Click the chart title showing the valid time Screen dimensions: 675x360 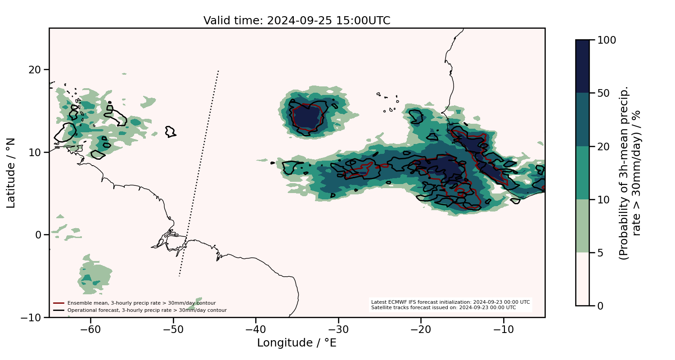click(297, 21)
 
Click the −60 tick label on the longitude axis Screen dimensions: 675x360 click(90, 329)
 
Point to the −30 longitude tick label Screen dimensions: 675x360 click(338, 329)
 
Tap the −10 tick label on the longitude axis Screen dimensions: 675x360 click(504, 329)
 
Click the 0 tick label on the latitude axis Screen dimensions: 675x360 click(39, 235)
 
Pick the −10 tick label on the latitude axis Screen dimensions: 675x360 click(31, 318)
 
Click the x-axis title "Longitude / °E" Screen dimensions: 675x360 click(297, 343)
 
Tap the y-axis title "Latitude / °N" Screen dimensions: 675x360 click(11, 173)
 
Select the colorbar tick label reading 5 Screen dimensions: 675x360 click(600, 253)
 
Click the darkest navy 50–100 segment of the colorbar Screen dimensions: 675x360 click(582, 66)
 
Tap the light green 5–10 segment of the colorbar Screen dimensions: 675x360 click(582, 226)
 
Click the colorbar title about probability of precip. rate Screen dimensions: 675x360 click(630, 173)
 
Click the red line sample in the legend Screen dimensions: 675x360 click(59, 303)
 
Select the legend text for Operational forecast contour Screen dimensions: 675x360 click(147, 310)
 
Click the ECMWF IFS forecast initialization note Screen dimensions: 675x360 click(450, 302)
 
